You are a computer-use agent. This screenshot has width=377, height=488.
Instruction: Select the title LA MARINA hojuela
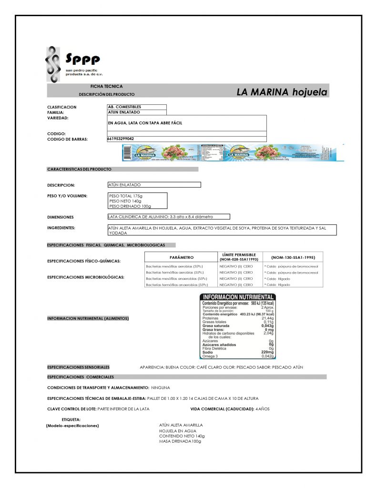[282, 92]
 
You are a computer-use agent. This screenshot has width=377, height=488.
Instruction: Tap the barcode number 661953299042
[121, 139]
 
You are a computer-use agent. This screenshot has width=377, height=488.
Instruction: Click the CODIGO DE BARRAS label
[67, 139]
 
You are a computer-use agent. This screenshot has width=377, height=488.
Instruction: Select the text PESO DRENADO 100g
[130, 206]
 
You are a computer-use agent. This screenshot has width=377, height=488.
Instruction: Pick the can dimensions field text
[161, 217]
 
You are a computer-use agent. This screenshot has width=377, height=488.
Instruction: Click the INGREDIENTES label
[61, 228]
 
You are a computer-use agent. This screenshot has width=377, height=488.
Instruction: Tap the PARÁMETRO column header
[181, 257]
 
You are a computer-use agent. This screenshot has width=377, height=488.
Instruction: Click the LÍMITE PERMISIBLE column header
[239, 257]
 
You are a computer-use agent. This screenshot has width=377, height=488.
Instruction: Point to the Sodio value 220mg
[267, 352]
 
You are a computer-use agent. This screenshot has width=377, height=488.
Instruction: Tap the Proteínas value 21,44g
[266, 318]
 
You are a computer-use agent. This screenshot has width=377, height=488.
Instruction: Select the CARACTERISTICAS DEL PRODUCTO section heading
[79, 169]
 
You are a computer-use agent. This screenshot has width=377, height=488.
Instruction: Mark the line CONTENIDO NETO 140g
[182, 436]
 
